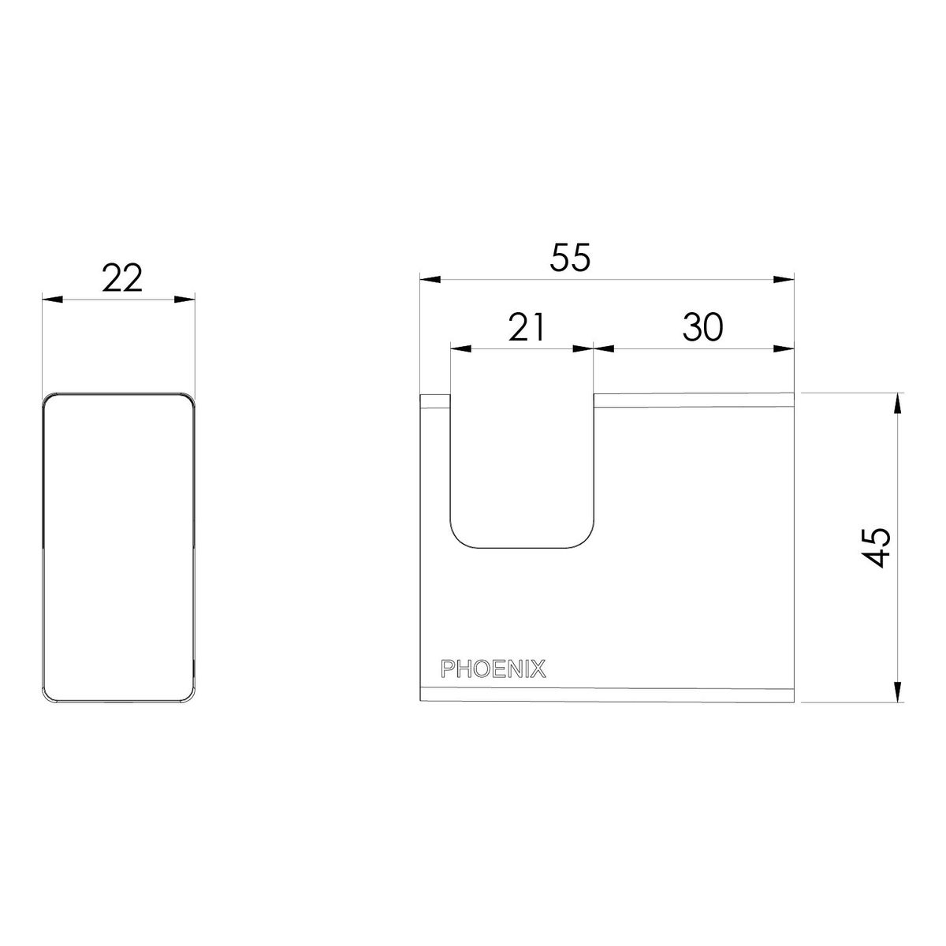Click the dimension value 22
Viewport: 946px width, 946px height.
[x=121, y=277]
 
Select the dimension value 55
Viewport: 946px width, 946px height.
[x=569, y=258]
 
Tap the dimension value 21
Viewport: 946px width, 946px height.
[x=527, y=327]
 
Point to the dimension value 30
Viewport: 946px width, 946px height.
[x=703, y=327]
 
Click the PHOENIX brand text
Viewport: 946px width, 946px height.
[x=493, y=669]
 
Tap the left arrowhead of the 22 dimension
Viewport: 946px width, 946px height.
[x=53, y=300]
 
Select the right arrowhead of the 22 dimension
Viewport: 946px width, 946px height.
[x=184, y=300]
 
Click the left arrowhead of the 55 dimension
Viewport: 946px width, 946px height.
[x=430, y=279]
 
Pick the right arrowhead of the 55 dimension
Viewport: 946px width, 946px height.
[x=784, y=279]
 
